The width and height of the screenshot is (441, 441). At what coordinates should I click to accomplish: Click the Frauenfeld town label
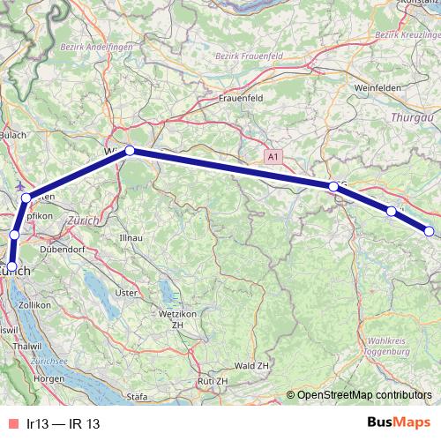point(243,99)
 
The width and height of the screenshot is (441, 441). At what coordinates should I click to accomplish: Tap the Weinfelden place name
point(377,89)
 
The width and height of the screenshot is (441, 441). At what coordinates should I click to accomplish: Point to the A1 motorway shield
point(273,156)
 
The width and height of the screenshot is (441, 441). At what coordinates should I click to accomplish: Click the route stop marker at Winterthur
point(130,151)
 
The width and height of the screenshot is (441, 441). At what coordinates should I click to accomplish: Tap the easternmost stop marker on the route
point(430,231)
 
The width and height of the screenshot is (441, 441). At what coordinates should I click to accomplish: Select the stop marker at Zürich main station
point(11,266)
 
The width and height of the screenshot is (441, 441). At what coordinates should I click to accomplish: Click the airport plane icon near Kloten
point(20,187)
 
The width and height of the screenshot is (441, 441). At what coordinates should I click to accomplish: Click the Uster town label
point(126,292)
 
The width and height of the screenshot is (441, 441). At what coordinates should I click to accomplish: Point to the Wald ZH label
point(253,365)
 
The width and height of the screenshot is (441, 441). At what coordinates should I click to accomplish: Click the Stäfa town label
point(137,398)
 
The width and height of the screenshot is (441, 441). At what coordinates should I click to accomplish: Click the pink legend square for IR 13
point(11,424)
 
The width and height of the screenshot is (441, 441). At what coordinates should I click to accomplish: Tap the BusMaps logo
point(393,422)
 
